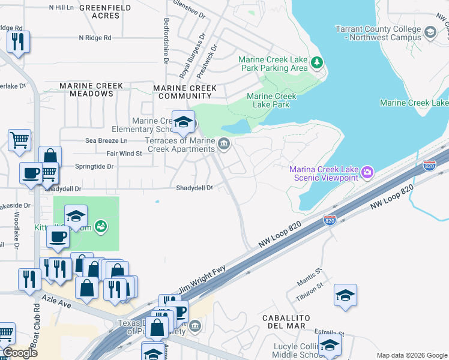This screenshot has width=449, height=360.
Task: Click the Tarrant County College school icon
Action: (430, 32)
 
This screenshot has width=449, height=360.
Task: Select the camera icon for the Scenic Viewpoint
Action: (367, 173)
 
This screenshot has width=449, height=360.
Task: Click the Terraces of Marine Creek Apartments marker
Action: (224, 143)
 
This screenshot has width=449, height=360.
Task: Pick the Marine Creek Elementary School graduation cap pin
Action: (183, 122)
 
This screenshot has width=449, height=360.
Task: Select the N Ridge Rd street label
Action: (95, 38)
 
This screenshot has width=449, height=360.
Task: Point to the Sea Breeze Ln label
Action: (107, 140)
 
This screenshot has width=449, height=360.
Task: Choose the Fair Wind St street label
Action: (124, 154)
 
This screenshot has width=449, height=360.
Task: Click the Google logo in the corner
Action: (19, 353)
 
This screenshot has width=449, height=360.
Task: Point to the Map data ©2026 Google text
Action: (411, 355)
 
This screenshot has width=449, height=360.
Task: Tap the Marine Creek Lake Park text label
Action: (272, 100)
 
